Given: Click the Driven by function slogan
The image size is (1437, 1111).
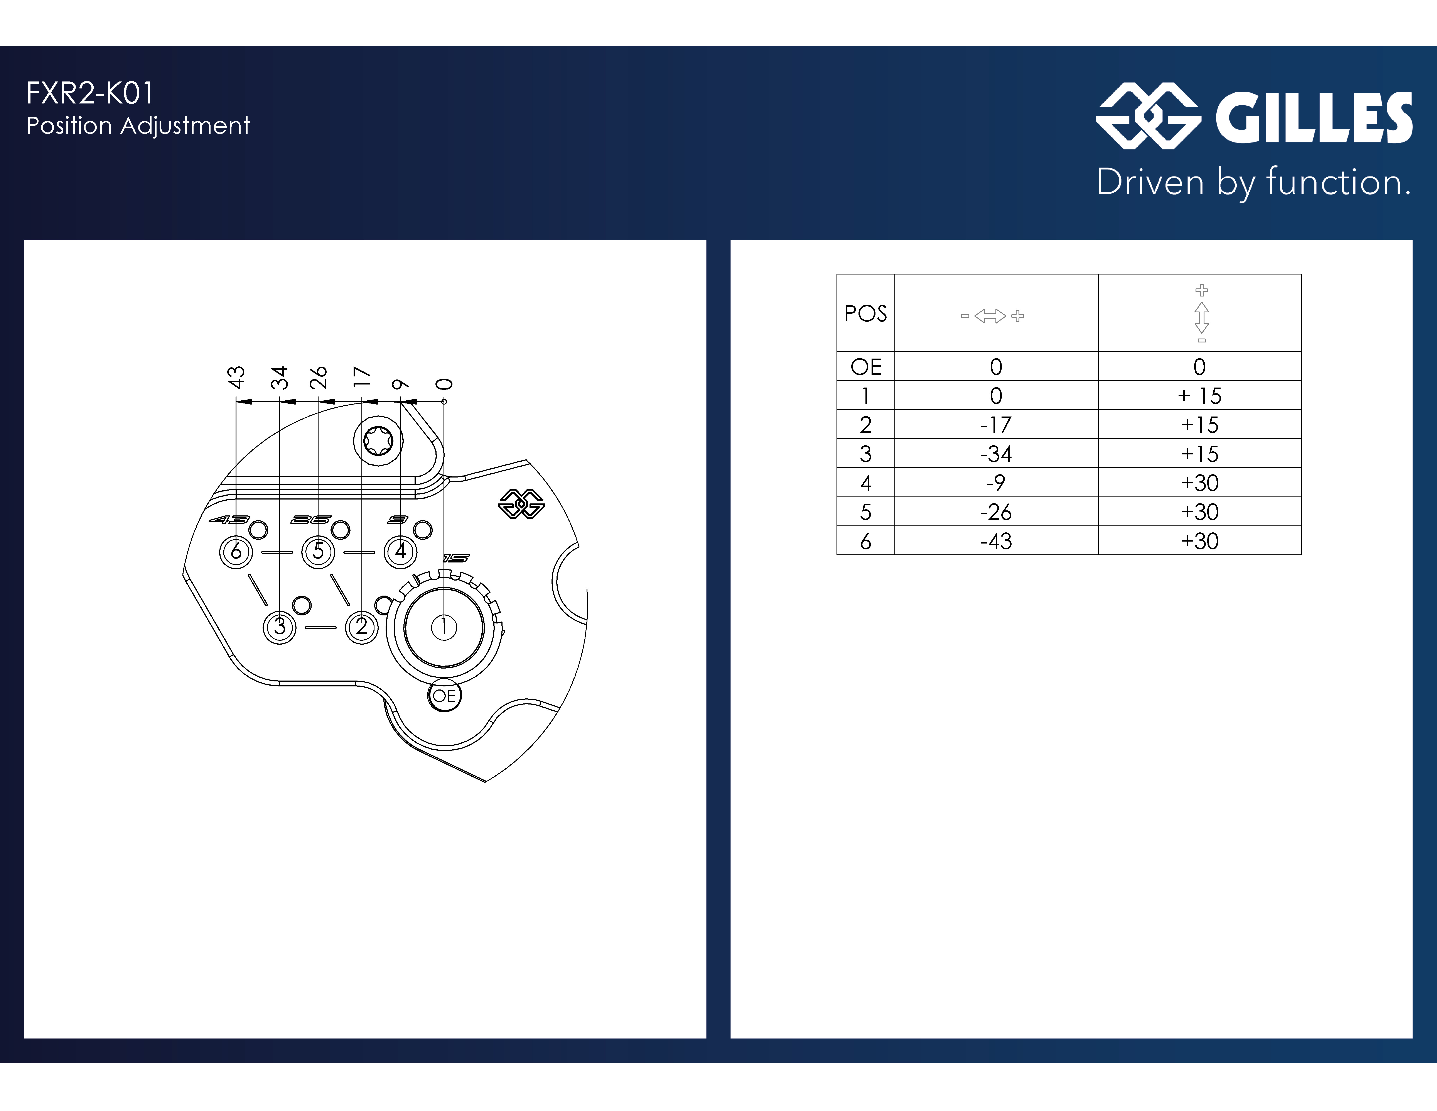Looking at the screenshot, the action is [1253, 182].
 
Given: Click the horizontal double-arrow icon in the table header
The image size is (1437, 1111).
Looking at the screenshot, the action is [992, 316].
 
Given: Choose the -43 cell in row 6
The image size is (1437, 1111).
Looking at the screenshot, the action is [995, 541].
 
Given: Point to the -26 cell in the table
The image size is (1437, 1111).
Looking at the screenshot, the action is [995, 512].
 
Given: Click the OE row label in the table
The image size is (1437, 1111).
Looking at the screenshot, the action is [865, 367].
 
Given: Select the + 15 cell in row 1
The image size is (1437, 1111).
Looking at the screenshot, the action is [1199, 396].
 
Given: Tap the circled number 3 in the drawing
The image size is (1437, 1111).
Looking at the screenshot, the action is [280, 627].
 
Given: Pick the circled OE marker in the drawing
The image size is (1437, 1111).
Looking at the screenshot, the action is [444, 696].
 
